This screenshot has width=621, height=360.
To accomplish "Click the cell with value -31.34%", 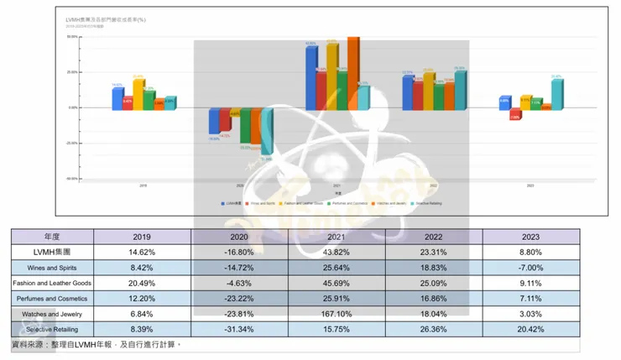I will coord(240,329).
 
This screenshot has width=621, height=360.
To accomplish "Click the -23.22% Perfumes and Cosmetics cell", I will coord(240,299).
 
